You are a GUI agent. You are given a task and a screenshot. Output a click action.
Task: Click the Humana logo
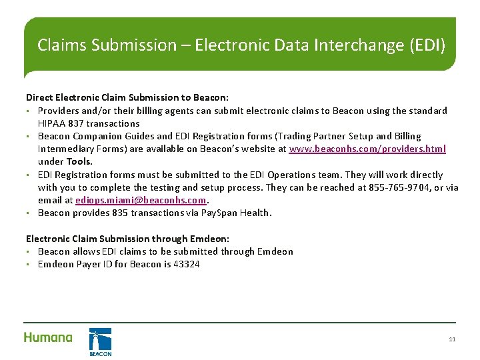click(48, 337)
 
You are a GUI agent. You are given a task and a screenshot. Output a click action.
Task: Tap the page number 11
click(452, 339)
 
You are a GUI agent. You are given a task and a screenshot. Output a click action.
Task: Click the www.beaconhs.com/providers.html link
click(367, 149)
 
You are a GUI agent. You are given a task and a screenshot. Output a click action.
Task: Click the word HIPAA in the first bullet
click(51, 123)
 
